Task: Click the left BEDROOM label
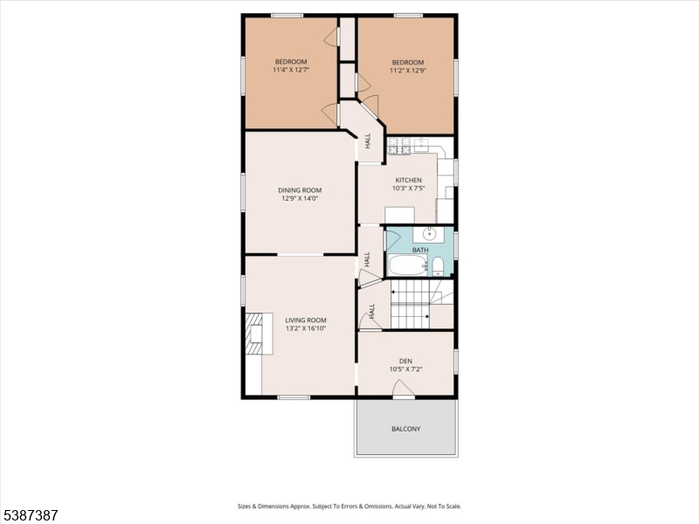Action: point(291,61)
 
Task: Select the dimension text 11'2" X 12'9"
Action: point(407,71)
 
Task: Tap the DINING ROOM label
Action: point(300,190)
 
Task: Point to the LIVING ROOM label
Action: point(306,320)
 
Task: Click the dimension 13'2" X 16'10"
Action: point(306,328)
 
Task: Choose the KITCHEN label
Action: point(408,180)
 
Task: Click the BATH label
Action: point(420,251)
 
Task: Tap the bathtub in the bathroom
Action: point(408,265)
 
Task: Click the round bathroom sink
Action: point(430,234)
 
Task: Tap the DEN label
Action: point(405,361)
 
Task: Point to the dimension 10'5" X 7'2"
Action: point(405,369)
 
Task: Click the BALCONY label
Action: point(405,429)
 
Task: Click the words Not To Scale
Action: point(442,507)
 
